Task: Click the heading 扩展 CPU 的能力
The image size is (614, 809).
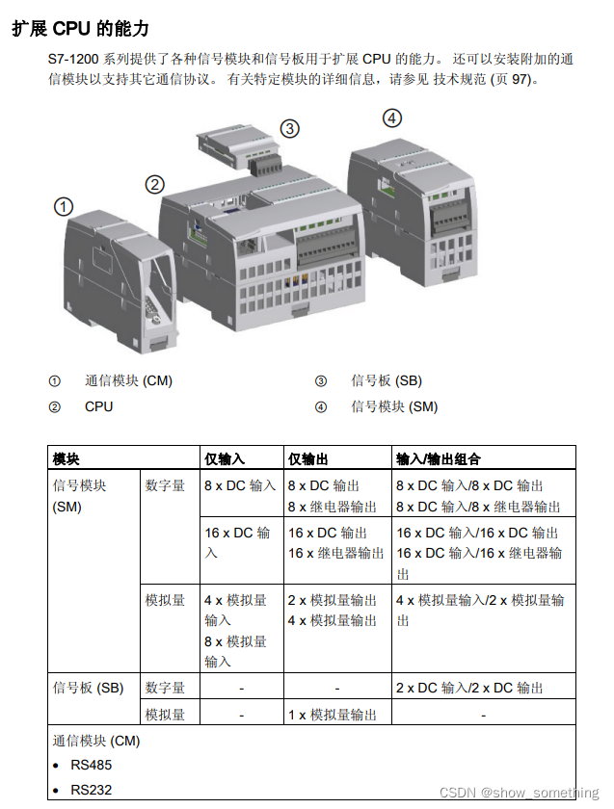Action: [80, 29]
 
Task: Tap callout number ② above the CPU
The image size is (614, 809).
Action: [155, 184]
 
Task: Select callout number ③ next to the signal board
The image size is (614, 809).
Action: [289, 128]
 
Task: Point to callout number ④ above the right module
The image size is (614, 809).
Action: [391, 118]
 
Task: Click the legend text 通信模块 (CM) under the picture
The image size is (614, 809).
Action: [128, 380]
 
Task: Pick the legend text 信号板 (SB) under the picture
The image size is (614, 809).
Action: [386, 380]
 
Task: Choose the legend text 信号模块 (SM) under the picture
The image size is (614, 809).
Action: [393, 406]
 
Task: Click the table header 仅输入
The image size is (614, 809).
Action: [225, 458]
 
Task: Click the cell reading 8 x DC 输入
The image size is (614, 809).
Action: [240, 485]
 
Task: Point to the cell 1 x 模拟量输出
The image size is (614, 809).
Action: [333, 715]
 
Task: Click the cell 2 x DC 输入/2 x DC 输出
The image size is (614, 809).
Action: [469, 688]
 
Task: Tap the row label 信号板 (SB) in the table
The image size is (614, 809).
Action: [88, 688]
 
